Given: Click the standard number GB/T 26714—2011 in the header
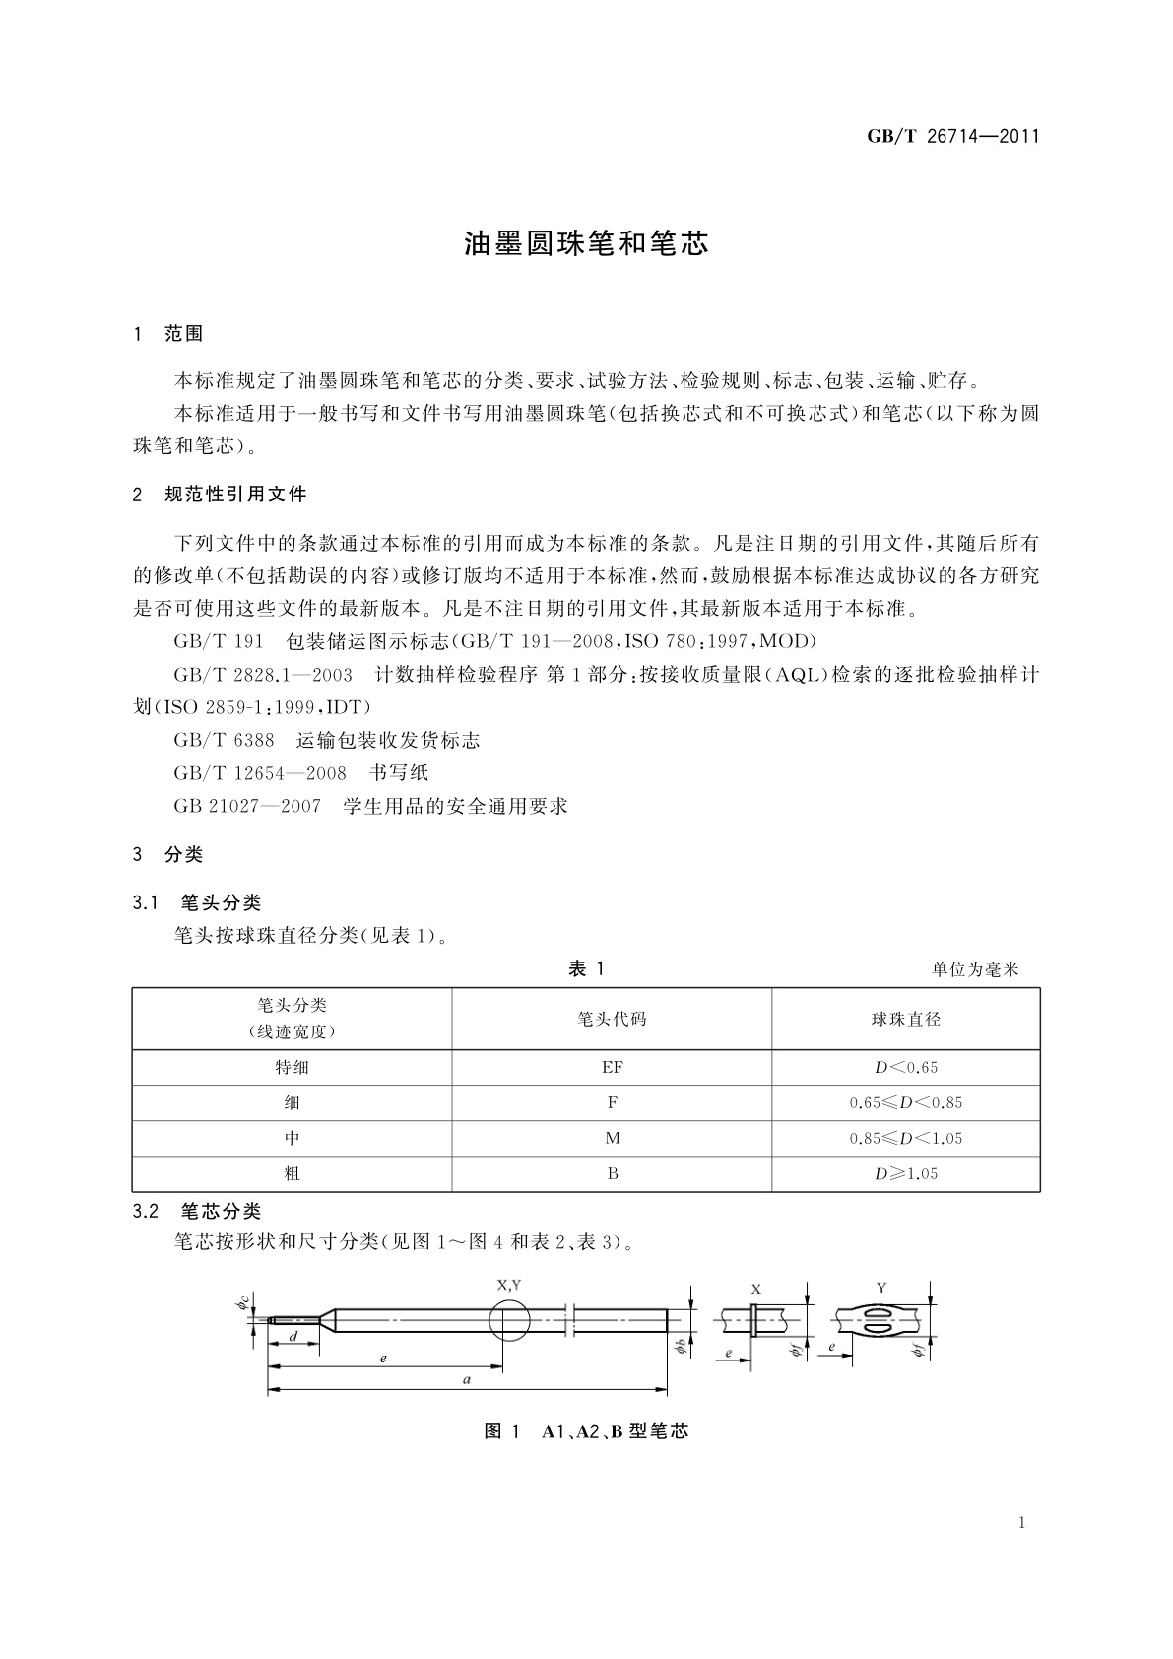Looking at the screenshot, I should tap(952, 137).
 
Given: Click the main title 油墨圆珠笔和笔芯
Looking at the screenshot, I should tap(586, 245).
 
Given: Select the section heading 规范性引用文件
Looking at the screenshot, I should tap(235, 495).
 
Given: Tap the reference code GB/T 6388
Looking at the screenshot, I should tap(224, 740).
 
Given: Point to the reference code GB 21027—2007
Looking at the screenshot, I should tap(247, 806).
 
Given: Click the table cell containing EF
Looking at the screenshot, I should tap(612, 1067).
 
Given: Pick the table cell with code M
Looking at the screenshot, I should tap(612, 1138).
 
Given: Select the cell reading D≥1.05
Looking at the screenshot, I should tap(905, 1173).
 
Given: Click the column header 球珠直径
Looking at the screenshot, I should tap(905, 1019).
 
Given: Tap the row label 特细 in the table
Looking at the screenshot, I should tap(292, 1067).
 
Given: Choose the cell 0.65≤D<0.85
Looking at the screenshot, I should tap(905, 1102).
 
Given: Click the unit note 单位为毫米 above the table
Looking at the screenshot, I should tap(975, 969).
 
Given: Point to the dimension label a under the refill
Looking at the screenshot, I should tap(467, 1380).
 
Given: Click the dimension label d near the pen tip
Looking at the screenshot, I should tap(293, 1336).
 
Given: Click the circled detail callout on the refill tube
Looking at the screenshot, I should tap(508, 1319).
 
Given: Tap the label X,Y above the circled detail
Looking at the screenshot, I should tap(508, 1285).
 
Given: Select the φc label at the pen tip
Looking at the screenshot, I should tap(241, 1304).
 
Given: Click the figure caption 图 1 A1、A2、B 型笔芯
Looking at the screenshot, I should tap(586, 1431).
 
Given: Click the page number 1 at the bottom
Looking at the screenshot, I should tap(1021, 1523).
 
